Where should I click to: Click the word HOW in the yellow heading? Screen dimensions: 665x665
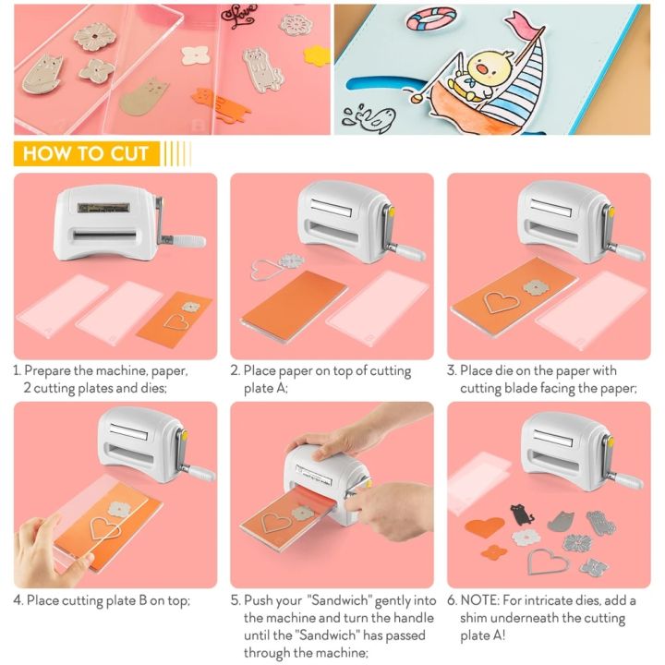47,153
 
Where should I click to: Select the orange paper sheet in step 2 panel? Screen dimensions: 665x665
294,300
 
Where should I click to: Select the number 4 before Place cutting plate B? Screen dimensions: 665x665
18,600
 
